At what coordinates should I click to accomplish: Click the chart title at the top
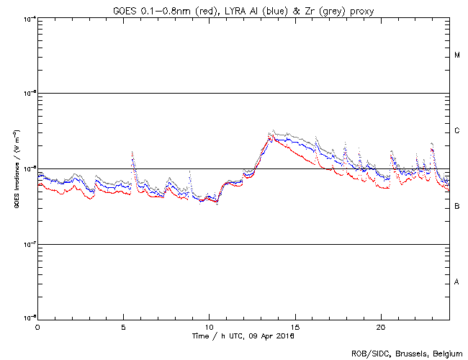tap(243, 9)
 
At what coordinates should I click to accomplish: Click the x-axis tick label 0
tap(37, 327)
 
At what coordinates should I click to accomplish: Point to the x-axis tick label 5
tap(123, 327)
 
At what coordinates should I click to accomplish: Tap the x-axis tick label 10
tap(209, 327)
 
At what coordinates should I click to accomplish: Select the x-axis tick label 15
tap(295, 327)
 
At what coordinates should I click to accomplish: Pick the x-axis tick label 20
tap(381, 327)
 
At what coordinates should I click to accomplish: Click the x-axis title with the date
tap(243, 336)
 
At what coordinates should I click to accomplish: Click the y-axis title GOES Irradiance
tap(16, 168)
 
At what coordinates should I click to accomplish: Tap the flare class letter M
tap(457, 55)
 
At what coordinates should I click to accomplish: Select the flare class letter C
tap(457, 131)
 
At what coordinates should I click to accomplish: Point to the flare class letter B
tap(457, 207)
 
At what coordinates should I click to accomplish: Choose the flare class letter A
tap(457, 282)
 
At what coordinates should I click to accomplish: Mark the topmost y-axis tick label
tap(29, 19)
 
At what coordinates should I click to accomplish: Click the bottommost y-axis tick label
tap(29, 318)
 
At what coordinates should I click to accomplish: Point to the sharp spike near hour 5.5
tap(132, 153)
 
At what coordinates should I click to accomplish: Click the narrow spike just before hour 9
tap(189, 173)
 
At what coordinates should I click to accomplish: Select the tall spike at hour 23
tap(431, 145)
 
